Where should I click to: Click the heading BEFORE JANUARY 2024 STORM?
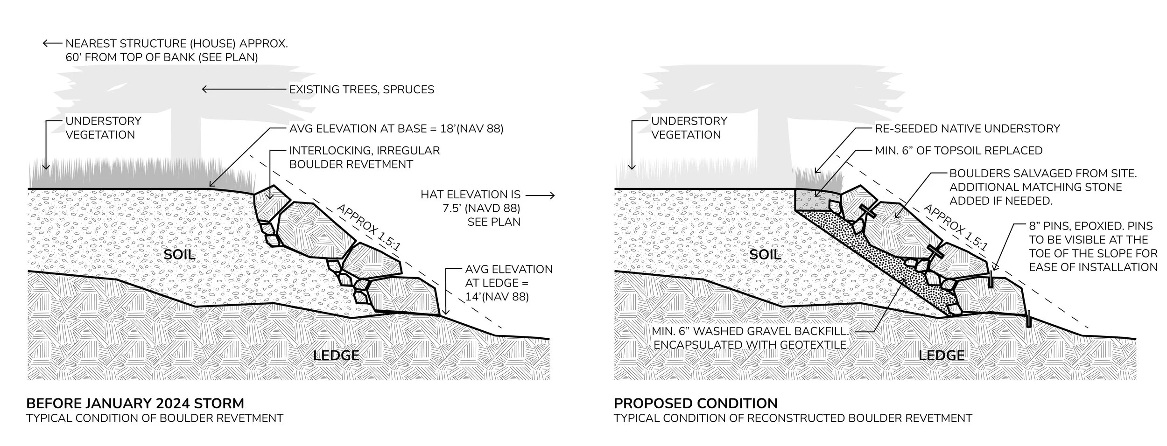pos(135,404)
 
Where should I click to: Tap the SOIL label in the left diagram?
pos(180,254)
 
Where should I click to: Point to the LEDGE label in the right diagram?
pos(942,355)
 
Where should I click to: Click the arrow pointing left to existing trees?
pos(243,89)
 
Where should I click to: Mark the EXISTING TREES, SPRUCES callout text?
pos(362,89)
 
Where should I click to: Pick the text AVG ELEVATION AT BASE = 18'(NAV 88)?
pos(396,128)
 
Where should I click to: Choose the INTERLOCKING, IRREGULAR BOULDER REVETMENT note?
pos(364,157)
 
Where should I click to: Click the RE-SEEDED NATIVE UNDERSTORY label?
pos(967,128)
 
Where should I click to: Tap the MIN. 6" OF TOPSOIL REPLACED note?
pos(958,151)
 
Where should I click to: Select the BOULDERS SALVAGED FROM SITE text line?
pos(1043,174)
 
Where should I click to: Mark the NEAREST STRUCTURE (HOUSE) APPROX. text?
pos(176,44)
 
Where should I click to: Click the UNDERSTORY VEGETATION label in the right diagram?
pos(689,128)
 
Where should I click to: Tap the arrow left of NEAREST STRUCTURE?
pos(52,44)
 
